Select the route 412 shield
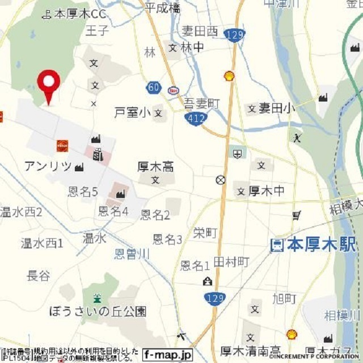point(196,119)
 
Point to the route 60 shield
point(153,87)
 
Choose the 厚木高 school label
point(155,167)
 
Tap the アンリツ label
point(48,166)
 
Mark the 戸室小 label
point(133,112)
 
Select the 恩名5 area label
point(83,192)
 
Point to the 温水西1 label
point(42,243)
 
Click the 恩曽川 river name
point(132,254)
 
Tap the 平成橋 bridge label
point(162,7)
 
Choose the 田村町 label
point(231,261)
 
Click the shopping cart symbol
point(297,215)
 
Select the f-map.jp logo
point(167,353)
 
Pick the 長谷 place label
point(39,276)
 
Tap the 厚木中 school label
point(267,191)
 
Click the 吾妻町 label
point(201,103)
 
